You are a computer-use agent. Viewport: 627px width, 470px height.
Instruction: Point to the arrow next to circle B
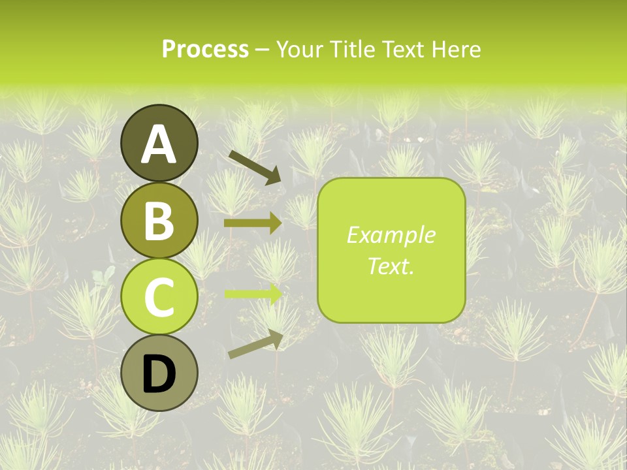tap(253, 223)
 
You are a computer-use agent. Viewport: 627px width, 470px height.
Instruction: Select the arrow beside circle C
tap(253, 293)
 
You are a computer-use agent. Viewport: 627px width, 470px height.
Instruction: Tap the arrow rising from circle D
tap(255, 344)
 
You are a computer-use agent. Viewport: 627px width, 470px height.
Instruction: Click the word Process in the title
tap(205, 49)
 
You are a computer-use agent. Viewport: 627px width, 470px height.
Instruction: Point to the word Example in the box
tap(391, 235)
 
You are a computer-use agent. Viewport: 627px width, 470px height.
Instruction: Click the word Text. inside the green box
tap(391, 266)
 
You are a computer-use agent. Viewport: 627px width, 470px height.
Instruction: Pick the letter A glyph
tap(159, 144)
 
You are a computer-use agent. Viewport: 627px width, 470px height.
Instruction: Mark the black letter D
tap(159, 375)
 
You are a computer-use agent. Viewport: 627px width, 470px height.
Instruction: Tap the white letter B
tap(159, 221)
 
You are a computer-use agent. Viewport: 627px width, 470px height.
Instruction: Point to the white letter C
tap(159, 298)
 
